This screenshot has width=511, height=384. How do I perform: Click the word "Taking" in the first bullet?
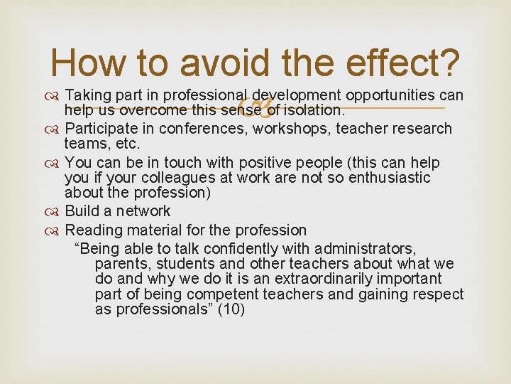pyautogui.click(x=86, y=95)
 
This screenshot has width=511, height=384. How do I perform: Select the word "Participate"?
pyautogui.click(x=101, y=128)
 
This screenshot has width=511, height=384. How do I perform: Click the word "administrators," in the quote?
pyautogui.click(x=366, y=248)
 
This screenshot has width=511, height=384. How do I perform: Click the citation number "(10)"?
pyautogui.click(x=231, y=309)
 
